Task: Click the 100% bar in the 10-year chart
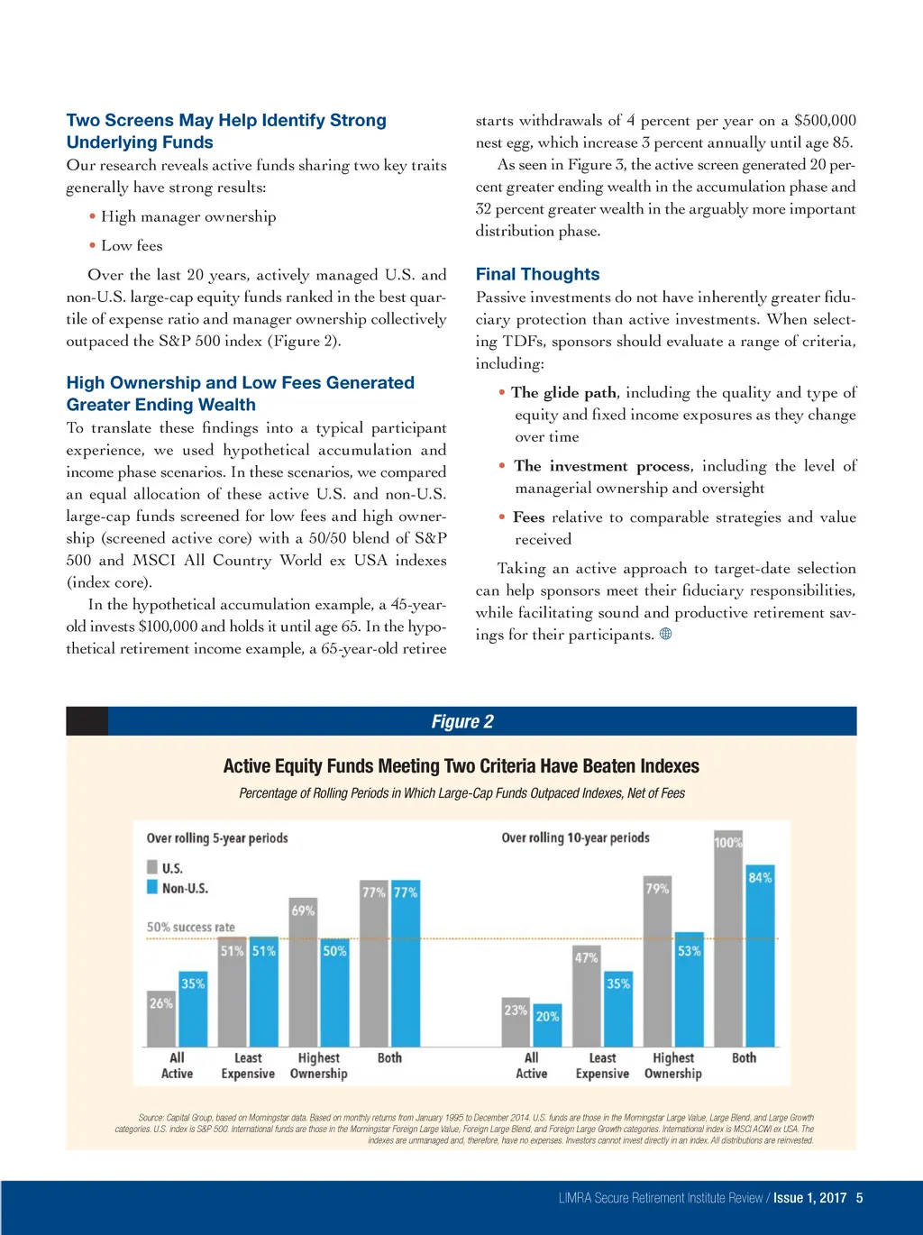[728, 938]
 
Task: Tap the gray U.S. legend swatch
[152, 867]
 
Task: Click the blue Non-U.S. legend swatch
[152, 888]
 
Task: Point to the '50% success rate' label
[190, 927]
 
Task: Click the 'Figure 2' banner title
[462, 721]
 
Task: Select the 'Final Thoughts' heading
[537, 274]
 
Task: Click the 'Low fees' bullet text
[132, 245]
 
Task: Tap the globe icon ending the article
[666, 634]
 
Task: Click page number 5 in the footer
[859, 1198]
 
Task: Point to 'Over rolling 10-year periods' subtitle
[575, 837]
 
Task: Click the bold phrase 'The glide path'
[563, 392]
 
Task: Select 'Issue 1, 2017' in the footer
[809, 1198]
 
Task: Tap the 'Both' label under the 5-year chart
[389, 1057]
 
